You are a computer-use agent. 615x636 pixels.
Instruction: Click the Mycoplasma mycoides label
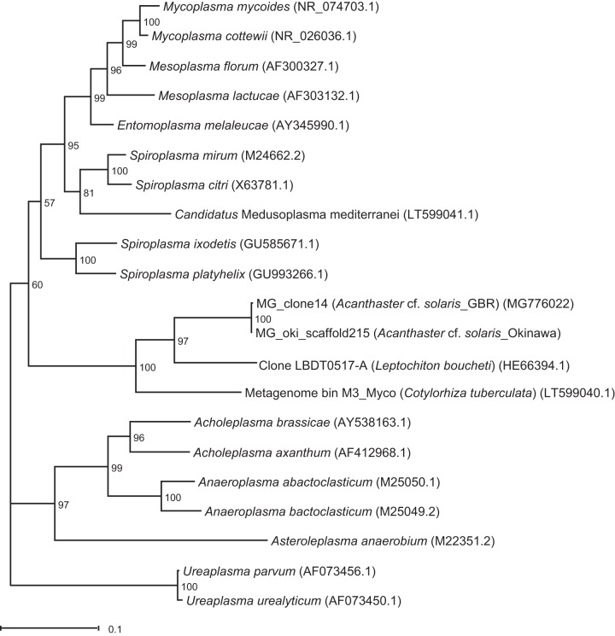click(226, 7)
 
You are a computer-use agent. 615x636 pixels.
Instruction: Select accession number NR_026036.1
click(315, 37)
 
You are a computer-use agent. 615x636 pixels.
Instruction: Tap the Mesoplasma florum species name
click(204, 66)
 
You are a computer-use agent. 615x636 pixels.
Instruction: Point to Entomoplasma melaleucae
click(193, 125)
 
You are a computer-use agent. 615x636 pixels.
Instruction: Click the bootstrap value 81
click(89, 193)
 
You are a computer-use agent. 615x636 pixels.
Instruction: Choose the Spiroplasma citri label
click(182, 185)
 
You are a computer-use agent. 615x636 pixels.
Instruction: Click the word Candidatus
click(206, 214)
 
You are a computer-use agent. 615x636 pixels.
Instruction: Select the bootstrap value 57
click(50, 203)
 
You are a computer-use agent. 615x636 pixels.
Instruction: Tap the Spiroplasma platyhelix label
click(183, 275)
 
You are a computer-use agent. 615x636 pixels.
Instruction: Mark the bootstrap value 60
click(38, 285)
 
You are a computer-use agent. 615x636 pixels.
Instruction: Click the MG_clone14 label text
click(292, 304)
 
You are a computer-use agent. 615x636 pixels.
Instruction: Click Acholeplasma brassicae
click(262, 423)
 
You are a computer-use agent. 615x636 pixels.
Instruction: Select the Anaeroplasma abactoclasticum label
click(285, 482)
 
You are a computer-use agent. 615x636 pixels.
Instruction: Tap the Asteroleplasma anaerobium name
click(349, 541)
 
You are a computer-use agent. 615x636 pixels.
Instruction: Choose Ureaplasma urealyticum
click(254, 601)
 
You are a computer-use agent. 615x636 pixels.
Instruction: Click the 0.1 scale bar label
click(114, 629)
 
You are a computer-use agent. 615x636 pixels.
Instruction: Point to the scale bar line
click(50, 628)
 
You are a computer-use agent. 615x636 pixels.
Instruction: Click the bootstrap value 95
click(73, 146)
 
